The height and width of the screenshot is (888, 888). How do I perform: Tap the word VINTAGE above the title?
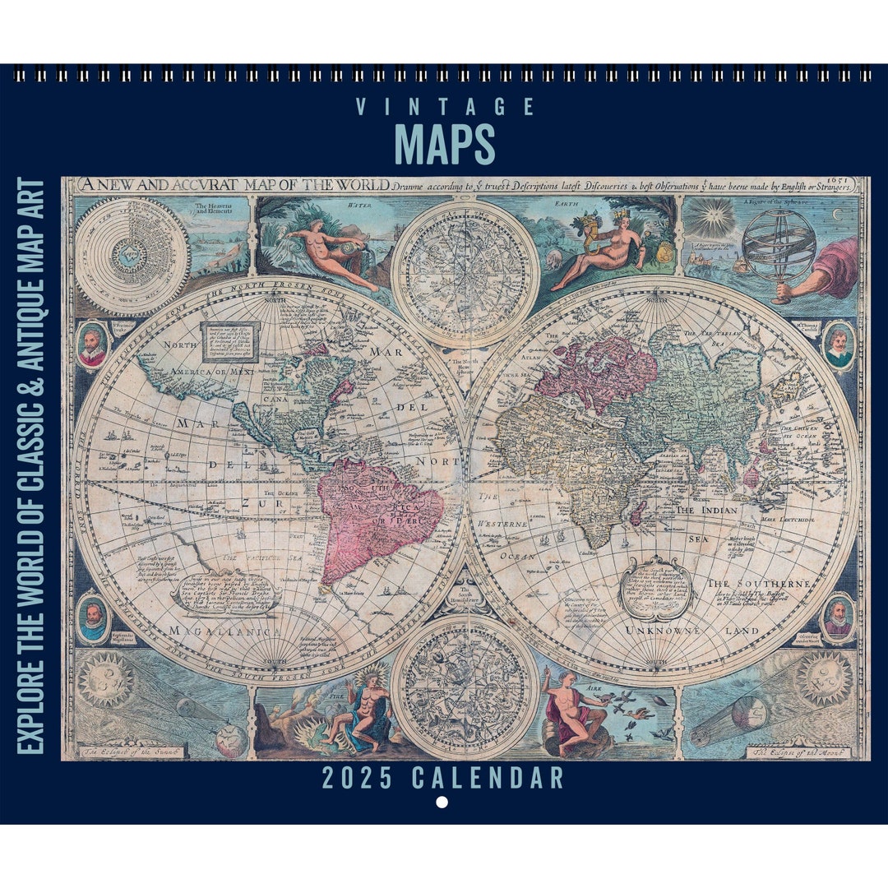tap(445, 107)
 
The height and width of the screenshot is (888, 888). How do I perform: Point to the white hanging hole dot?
tap(442, 802)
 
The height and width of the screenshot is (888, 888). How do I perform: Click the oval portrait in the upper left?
tap(92, 345)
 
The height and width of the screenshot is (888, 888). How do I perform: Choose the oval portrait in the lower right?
tap(838, 617)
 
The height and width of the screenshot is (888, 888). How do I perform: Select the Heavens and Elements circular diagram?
tap(121, 256)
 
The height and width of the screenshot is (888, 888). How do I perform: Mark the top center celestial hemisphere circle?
tap(465, 263)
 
